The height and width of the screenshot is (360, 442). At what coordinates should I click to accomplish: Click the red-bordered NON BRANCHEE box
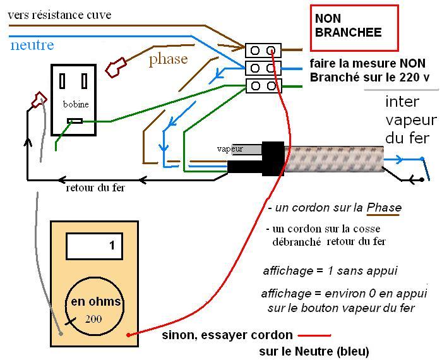point(354,27)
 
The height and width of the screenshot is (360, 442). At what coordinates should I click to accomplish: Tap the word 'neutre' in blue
point(32,45)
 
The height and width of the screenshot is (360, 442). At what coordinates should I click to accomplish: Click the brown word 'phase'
point(169,59)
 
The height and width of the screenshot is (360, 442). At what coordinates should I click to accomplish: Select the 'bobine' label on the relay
point(75,104)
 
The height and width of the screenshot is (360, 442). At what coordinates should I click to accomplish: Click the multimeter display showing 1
point(94,246)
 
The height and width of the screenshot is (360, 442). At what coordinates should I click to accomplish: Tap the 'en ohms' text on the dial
point(96,301)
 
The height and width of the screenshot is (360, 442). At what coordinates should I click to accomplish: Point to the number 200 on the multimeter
point(93,318)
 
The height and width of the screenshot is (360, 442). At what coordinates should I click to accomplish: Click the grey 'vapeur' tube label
point(230,149)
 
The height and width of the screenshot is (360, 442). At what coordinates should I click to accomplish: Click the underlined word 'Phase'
point(384,208)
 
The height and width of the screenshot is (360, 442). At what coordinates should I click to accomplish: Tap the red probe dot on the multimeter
point(129,335)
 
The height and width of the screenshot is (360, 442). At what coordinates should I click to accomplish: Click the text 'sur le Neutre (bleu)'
point(314,351)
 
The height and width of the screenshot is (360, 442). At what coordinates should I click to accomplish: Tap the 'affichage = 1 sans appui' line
point(330,271)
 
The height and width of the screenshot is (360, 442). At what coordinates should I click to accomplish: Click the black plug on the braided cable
point(273,158)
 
